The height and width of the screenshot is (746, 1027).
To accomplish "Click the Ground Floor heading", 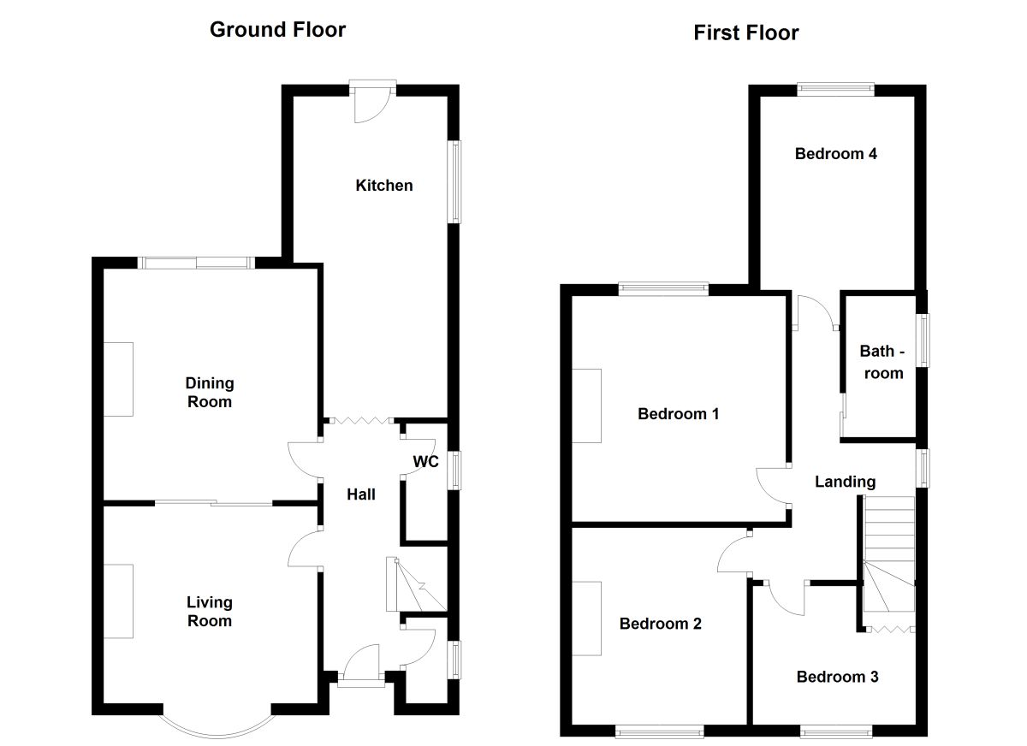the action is tap(277, 30).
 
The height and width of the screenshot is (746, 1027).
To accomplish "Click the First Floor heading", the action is tap(745, 33).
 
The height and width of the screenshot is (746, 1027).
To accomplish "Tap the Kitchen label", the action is tap(384, 186).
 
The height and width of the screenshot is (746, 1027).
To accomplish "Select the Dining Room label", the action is tap(210, 393).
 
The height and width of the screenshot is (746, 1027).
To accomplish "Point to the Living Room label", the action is tap(210, 612).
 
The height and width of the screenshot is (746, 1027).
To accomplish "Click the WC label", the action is tap(426, 462).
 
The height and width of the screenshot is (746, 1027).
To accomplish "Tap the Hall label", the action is tap(361, 494).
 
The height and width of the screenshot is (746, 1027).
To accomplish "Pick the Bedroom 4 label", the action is tap(835, 154).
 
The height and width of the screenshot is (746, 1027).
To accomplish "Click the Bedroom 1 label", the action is tap(678, 414).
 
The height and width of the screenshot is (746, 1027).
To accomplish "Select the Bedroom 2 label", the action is tap(660, 624).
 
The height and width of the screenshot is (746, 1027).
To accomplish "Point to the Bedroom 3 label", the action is tap(837, 677).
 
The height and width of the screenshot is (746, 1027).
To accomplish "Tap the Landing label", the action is tap(845, 482).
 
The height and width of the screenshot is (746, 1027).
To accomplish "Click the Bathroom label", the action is tap(882, 362).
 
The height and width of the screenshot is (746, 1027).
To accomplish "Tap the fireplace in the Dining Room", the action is tap(119, 379).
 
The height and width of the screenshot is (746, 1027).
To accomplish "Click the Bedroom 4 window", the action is tap(835, 86).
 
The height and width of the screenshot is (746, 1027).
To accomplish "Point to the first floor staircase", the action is tap(888, 556).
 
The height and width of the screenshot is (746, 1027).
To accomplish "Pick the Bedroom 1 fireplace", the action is tap(587, 406).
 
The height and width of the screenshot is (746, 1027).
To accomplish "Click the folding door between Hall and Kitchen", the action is tap(359, 420).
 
